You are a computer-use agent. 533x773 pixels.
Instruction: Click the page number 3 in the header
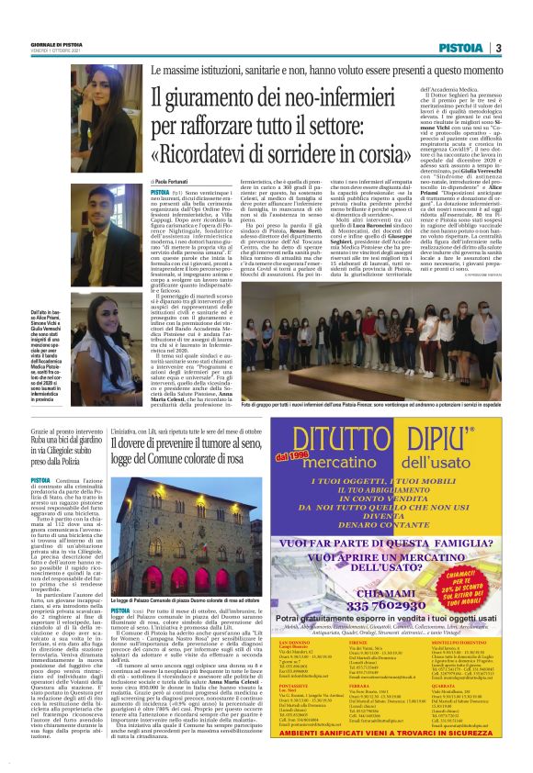point(498,48)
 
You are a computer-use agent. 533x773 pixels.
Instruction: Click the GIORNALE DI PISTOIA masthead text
point(60,44)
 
